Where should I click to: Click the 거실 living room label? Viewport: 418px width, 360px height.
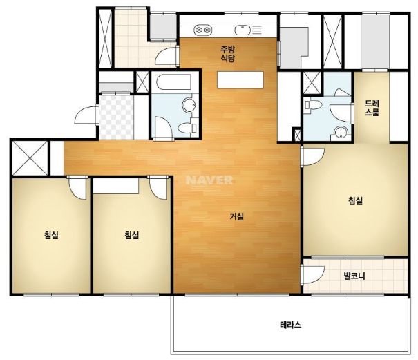(237, 216)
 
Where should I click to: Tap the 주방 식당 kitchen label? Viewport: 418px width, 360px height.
(228, 54)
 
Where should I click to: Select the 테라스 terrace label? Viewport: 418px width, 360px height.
(291, 325)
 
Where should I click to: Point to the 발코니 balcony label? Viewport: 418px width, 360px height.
(354, 276)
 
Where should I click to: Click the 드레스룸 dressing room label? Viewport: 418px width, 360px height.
(372, 108)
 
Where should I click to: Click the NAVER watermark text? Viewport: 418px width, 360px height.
(209, 180)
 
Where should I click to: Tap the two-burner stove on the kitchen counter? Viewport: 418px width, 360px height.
(203, 30)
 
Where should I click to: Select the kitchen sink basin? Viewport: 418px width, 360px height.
(243, 30)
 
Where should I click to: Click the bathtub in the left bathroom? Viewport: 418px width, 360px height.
(173, 82)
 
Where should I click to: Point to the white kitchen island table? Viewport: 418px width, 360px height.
(240, 79)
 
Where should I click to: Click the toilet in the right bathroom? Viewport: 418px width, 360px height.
(313, 104)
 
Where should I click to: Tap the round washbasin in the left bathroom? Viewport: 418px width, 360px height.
(189, 105)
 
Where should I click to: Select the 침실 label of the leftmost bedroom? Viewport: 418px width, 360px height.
(51, 235)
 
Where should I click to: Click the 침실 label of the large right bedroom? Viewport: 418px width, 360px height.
(355, 200)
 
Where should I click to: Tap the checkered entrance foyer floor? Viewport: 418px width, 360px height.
(116, 117)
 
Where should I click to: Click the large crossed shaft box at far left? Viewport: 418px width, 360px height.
(30, 158)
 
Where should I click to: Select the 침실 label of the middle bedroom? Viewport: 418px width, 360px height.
(132, 235)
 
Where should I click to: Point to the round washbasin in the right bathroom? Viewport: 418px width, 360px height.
(341, 132)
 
